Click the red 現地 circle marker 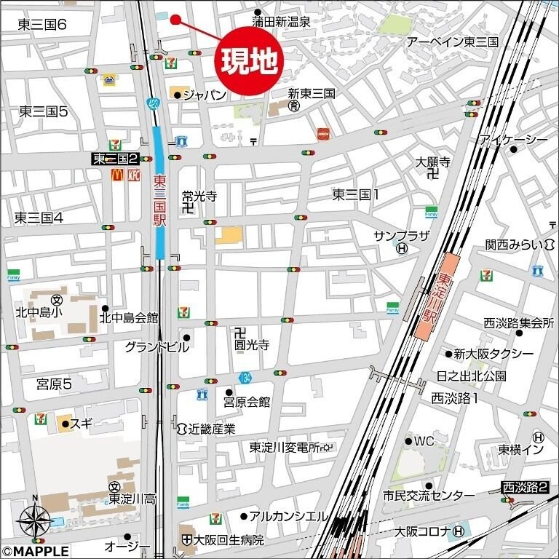coord(248,61)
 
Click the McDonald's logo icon coord(116,175)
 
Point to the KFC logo coord(133,175)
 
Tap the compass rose coord(33,520)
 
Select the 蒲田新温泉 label coord(282,22)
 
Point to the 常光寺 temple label coord(199,196)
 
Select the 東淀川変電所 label coord(285,448)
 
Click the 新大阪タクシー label coord(493,354)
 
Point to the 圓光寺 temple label coord(251,345)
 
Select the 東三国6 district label coord(41,25)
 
